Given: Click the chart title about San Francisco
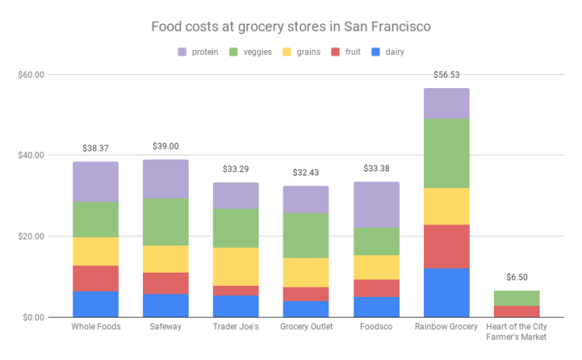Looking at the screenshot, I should (290, 27).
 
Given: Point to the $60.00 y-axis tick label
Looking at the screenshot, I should (32, 75).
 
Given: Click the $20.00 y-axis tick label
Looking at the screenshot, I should (32, 236).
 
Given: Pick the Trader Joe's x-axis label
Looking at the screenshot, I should (235, 327).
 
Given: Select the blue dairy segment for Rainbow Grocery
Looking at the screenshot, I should (446, 293).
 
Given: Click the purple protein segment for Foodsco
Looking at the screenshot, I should (377, 205).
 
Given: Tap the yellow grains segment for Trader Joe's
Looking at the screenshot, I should (235, 266).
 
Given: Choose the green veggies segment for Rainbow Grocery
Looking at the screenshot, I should (446, 153).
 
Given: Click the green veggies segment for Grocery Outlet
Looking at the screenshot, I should (306, 235).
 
